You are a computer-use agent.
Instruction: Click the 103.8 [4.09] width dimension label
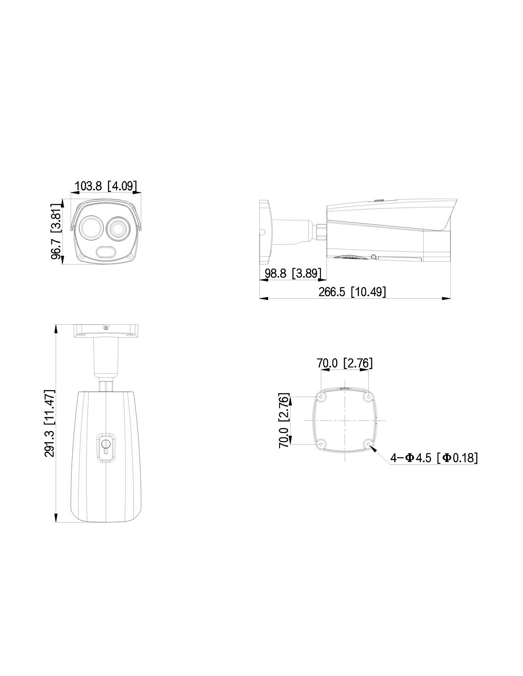106,186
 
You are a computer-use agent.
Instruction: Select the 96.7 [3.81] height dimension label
56,231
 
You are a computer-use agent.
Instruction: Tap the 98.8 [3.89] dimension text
293,273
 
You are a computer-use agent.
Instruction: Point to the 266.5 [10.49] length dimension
352,292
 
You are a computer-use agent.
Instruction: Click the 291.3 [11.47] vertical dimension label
50,423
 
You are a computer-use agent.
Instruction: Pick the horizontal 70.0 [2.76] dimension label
344,363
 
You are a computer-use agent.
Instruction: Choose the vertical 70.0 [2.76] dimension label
284,421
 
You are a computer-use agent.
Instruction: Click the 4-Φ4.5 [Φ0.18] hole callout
434,458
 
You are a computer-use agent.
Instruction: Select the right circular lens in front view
118,228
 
